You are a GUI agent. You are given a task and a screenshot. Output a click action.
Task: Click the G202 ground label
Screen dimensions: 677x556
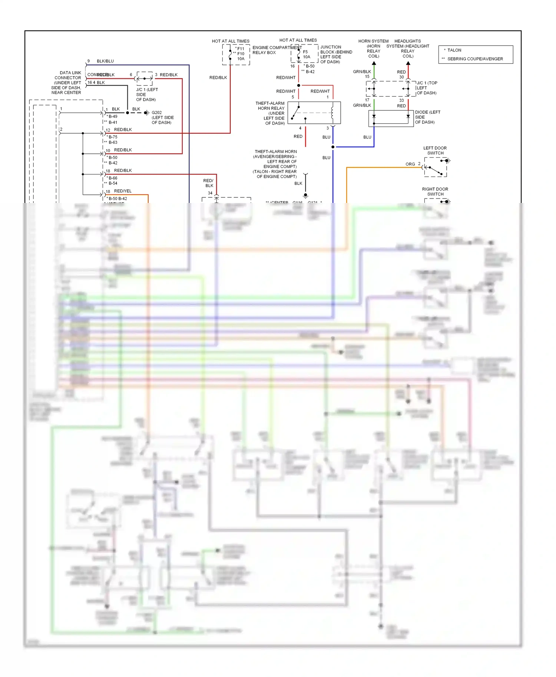click(157, 113)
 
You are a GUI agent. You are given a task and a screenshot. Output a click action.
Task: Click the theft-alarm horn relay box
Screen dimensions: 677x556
click(314, 113)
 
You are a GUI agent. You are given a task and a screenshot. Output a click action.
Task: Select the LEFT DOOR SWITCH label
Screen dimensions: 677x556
click(435, 150)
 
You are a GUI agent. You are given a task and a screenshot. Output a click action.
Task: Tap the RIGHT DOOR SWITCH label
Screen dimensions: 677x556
click(435, 191)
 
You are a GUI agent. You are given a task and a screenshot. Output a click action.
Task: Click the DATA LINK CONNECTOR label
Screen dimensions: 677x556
click(67, 83)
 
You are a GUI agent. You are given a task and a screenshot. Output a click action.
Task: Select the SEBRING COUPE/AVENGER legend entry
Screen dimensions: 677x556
click(475, 59)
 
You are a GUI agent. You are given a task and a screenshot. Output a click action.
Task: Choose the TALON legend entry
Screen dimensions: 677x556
click(454, 50)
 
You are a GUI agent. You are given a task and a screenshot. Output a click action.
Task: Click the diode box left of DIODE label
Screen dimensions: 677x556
click(391, 119)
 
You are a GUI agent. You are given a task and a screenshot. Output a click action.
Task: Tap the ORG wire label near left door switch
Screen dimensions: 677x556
click(410, 164)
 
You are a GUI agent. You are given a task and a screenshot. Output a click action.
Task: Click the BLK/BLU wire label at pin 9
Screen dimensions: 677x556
click(105, 61)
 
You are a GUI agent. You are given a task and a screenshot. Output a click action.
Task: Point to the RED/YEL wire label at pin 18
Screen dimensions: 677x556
click(123, 191)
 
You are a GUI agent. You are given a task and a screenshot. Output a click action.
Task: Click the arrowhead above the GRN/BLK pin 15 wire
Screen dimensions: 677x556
click(374, 63)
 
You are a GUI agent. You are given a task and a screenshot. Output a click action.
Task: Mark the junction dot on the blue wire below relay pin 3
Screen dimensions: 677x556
click(333, 147)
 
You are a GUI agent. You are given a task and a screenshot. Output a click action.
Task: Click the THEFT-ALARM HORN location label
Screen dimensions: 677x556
click(276, 164)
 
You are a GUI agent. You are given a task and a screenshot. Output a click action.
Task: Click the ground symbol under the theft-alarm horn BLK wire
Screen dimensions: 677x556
click(305, 195)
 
